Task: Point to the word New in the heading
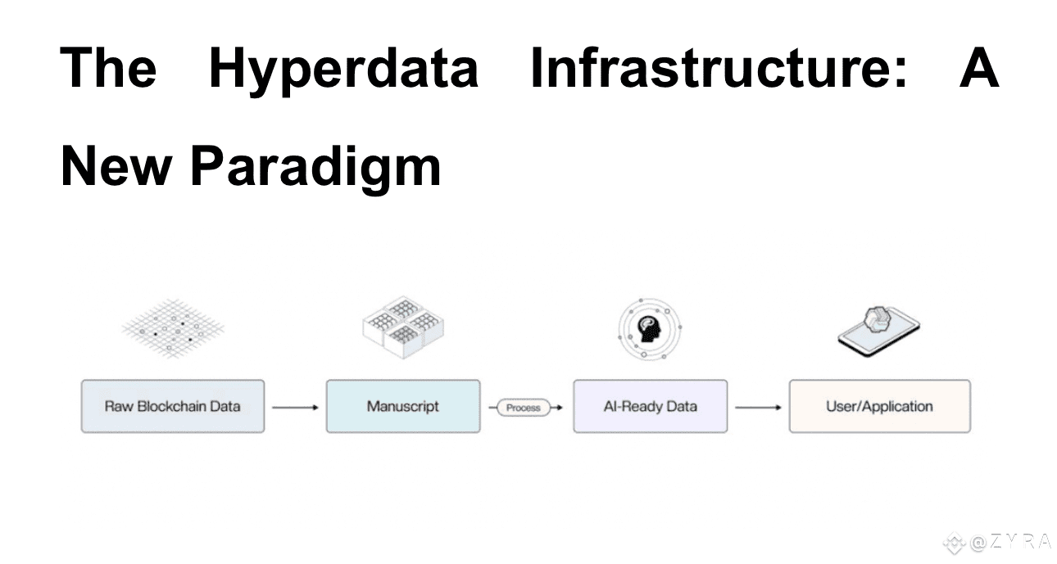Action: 116,166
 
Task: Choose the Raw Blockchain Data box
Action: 173,407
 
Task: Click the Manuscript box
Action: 403,407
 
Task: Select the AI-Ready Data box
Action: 651,407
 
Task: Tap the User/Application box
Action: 879,407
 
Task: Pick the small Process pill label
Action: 524,408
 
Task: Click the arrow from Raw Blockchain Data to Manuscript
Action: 296,408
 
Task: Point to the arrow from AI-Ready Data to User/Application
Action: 758,408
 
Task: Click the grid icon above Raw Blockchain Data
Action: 173,329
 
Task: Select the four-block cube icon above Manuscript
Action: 403,327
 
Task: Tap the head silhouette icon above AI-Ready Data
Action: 650,329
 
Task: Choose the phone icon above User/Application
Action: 878,332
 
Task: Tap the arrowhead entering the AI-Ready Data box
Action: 560,408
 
